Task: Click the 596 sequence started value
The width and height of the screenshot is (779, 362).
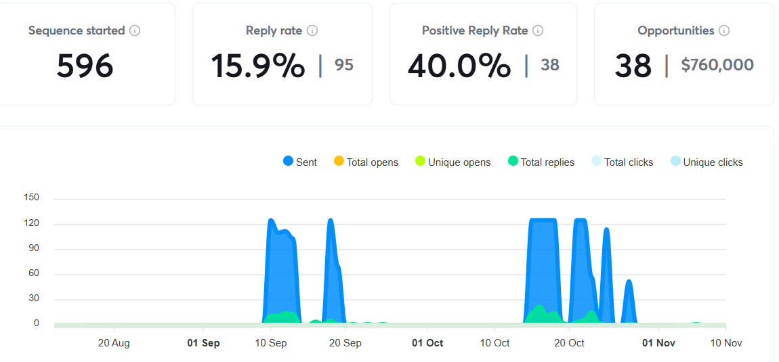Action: click(85, 66)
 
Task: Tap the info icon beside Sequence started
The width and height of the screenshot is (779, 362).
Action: click(135, 30)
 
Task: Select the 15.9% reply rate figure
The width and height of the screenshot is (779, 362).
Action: click(257, 66)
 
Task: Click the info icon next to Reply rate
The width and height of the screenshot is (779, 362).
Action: click(312, 30)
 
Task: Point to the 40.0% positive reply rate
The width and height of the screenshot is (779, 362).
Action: click(459, 66)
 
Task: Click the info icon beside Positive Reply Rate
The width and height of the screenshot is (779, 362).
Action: click(538, 30)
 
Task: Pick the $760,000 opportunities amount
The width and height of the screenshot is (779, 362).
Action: click(717, 65)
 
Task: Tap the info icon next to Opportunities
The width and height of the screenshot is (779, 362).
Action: click(724, 30)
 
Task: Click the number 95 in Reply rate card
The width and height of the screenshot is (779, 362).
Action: click(344, 65)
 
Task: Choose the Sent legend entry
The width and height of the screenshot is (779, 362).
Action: click(299, 162)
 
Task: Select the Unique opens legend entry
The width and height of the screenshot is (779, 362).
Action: click(452, 162)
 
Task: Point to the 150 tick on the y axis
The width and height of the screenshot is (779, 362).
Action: click(32, 198)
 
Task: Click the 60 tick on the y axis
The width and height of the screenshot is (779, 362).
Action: click(34, 273)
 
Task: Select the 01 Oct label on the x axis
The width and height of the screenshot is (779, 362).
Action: click(427, 343)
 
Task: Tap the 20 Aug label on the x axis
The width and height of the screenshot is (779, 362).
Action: click(114, 343)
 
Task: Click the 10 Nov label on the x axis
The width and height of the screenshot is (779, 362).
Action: click(725, 343)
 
